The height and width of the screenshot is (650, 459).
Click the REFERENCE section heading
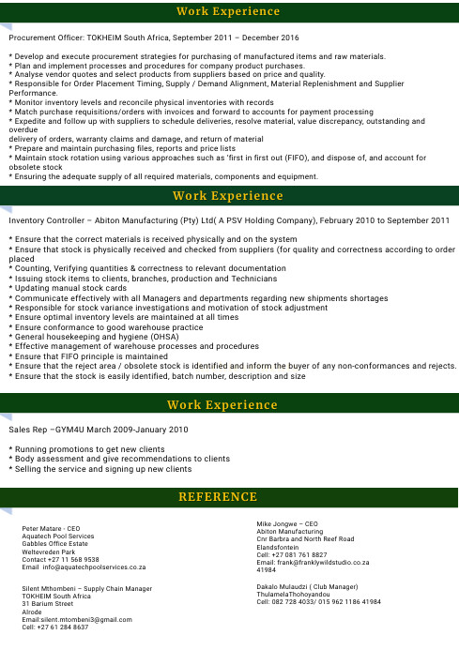229,496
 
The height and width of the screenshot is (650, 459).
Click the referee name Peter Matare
45,529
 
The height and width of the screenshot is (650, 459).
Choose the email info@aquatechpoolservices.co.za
92,567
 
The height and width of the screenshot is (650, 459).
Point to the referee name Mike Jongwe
279,523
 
